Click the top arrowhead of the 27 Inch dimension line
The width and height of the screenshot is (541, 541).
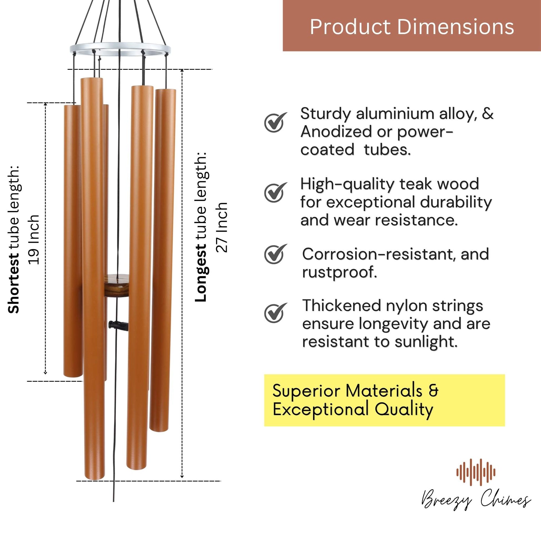[182, 70]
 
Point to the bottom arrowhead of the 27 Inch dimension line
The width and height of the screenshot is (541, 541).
[182, 476]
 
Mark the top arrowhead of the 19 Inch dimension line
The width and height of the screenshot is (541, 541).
[46, 104]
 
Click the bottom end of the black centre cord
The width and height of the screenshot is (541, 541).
[114, 502]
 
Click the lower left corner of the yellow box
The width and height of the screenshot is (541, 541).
[264, 426]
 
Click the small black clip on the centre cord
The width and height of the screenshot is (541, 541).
[118, 326]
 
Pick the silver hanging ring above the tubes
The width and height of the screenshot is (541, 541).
[120, 49]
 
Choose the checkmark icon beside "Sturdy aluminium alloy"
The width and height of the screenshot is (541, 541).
[276, 122]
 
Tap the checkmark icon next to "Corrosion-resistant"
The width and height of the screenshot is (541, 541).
[276, 254]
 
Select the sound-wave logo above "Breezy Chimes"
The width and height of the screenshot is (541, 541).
[476, 472]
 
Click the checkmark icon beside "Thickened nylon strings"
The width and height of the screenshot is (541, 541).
[276, 312]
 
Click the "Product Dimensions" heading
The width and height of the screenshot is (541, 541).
[412, 27]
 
